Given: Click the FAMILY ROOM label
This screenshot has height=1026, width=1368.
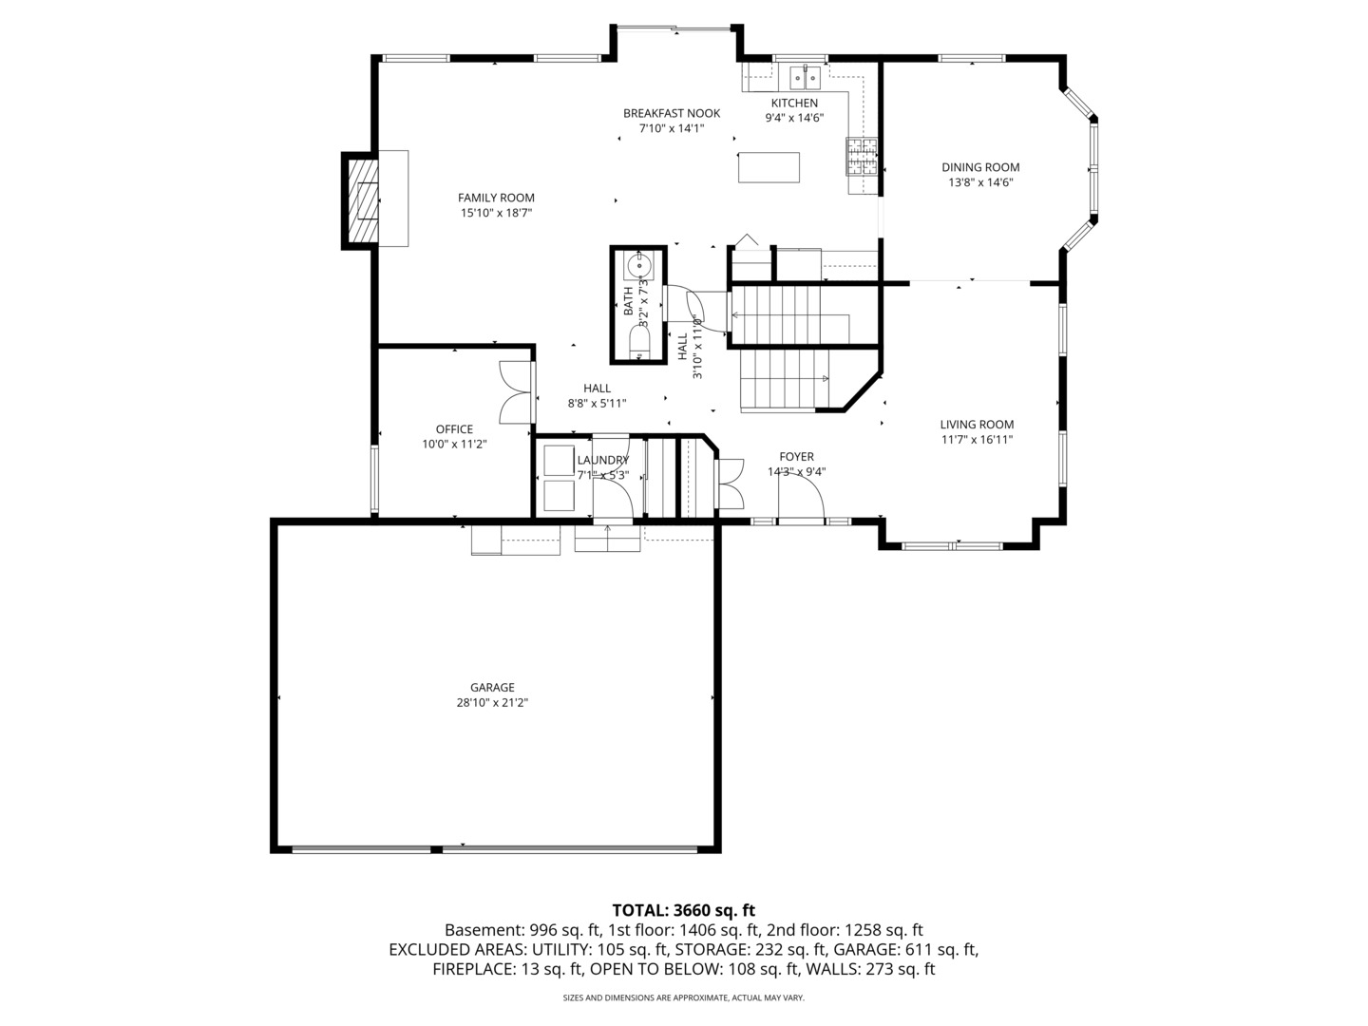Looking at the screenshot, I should [x=496, y=198].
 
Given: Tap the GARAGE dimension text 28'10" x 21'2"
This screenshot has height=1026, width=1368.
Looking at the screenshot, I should [x=492, y=703].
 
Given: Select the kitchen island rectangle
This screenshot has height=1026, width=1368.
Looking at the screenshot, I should [x=769, y=167].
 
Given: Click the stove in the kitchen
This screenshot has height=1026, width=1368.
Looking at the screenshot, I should [x=862, y=158].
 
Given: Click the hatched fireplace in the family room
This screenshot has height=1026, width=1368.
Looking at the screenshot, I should [x=362, y=200].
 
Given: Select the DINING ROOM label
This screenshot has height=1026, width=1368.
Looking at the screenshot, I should [x=980, y=167].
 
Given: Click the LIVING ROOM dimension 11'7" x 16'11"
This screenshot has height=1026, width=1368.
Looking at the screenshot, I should [x=977, y=440].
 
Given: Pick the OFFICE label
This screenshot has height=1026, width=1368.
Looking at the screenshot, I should [x=454, y=429].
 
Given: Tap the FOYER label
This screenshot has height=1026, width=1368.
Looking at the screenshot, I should [x=796, y=457].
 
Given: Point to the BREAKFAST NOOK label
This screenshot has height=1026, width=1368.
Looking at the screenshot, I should [x=672, y=113].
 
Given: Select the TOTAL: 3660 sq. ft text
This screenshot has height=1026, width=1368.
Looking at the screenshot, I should [x=683, y=910].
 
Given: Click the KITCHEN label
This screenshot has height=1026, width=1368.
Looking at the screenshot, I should [x=794, y=104].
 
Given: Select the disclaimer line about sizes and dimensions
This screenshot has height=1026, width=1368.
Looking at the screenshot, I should [x=683, y=997].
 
